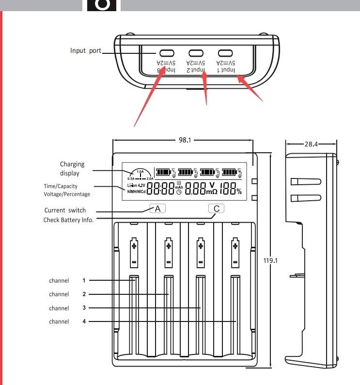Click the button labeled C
(217, 209)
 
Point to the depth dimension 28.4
(311, 144)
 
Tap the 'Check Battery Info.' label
(68, 220)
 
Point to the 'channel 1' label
(67, 280)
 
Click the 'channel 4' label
(67, 321)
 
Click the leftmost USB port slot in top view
(166, 53)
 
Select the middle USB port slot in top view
(196, 53)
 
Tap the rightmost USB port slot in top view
(226, 53)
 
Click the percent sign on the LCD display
(239, 191)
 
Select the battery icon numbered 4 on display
(232, 172)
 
